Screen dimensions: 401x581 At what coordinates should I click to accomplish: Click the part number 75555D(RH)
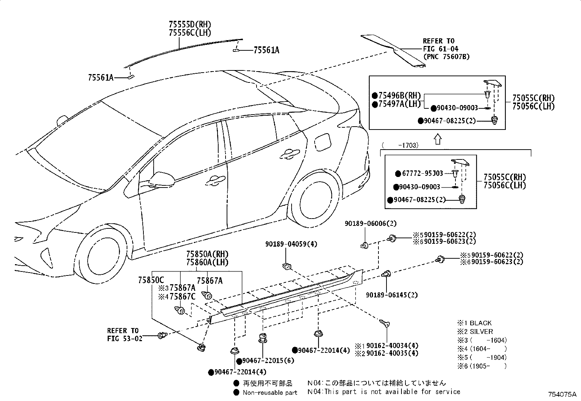click(190, 25)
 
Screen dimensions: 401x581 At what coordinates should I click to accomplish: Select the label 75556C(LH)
click(190, 32)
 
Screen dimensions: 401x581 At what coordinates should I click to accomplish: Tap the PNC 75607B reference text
click(446, 57)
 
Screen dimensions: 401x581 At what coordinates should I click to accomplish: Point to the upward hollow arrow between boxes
click(438, 139)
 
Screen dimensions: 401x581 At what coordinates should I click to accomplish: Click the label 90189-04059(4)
click(291, 244)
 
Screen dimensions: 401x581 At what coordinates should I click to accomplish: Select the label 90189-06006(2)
click(370, 223)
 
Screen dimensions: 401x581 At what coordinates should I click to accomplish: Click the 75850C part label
click(151, 280)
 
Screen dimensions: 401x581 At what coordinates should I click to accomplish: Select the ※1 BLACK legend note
click(474, 323)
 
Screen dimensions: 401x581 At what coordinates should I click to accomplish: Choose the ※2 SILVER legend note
click(475, 332)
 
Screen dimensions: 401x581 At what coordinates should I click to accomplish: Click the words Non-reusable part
click(270, 393)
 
